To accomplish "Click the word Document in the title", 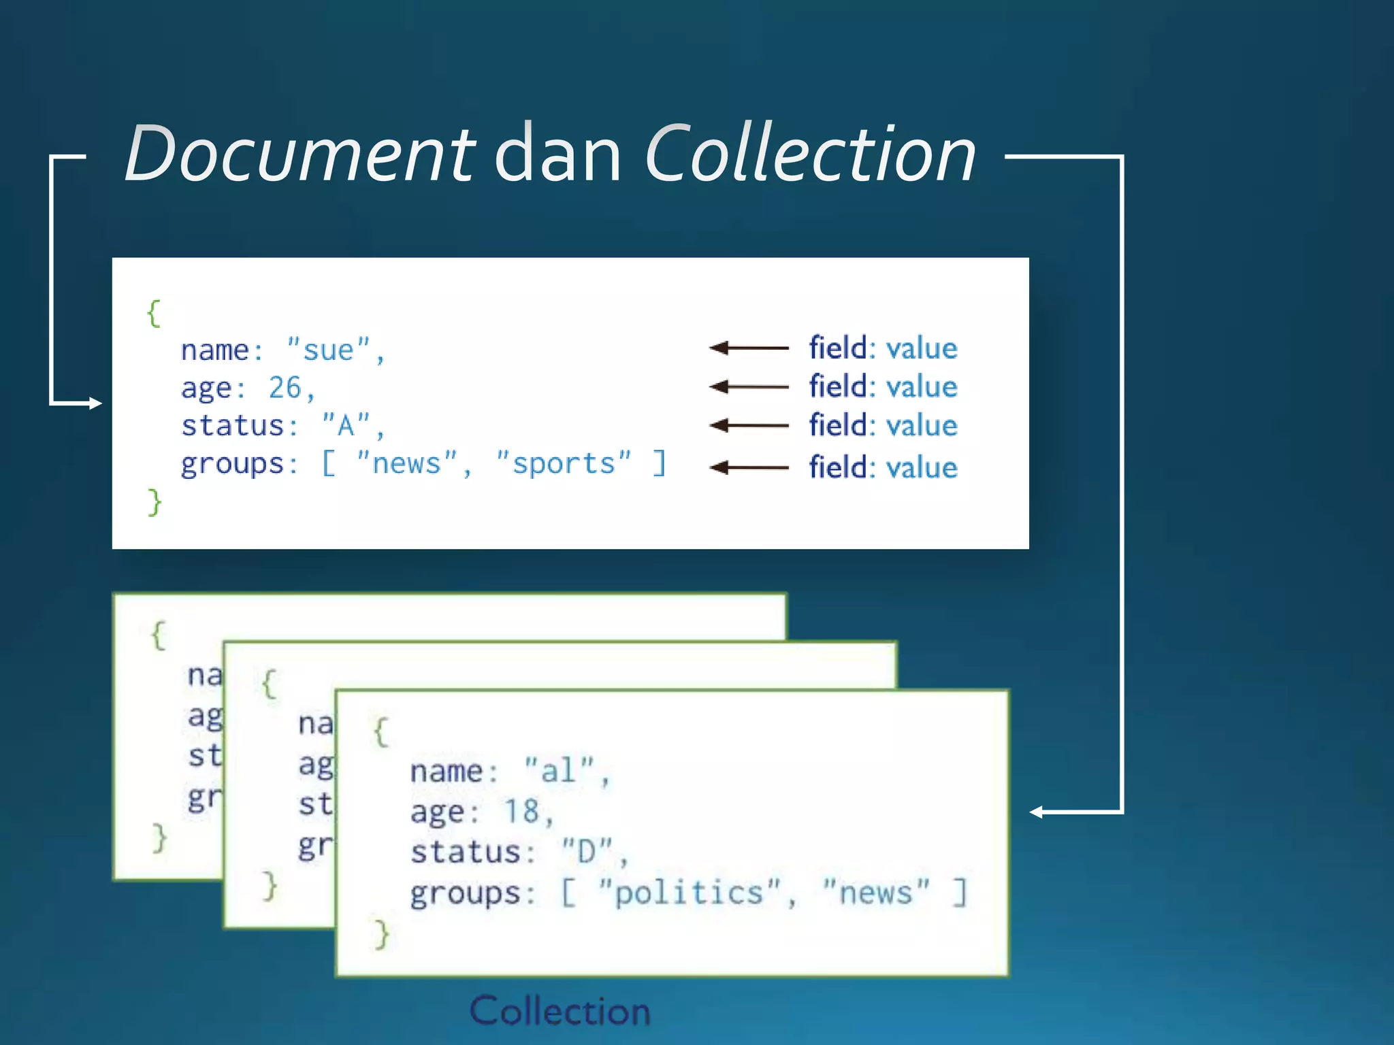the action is click(x=299, y=155).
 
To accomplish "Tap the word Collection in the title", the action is click(x=810, y=155).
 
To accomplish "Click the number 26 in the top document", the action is click(x=285, y=388).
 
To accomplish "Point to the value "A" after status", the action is click(x=346, y=426).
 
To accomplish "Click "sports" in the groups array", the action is click(x=564, y=464).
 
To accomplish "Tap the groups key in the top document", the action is click(x=231, y=464).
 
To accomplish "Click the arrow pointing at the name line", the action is click(x=749, y=348).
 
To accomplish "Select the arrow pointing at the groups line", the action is click(x=749, y=467).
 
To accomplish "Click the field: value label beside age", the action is click(x=883, y=386).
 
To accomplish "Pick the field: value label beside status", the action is click(x=883, y=425).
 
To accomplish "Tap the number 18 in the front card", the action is click(x=521, y=811).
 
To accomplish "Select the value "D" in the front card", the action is click(x=586, y=851).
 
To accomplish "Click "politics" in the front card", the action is click(x=689, y=892).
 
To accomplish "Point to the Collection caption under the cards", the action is click(x=560, y=1011).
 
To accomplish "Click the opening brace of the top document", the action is click(x=155, y=314).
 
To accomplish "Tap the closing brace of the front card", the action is click(x=381, y=933).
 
